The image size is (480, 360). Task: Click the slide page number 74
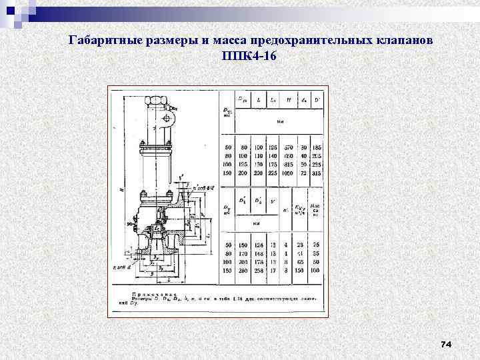tap(446, 344)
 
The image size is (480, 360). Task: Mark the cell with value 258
tap(259, 270)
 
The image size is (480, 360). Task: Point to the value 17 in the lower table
tap(273, 270)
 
